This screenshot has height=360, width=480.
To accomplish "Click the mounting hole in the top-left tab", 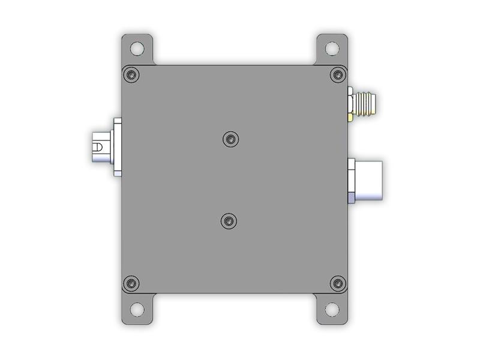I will click(138, 47).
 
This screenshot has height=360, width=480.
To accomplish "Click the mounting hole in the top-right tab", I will click(331, 47).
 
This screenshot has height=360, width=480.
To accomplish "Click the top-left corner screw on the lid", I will click(131, 74).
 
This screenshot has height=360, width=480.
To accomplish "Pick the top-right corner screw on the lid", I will click(338, 74).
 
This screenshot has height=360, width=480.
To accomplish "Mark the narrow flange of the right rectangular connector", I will click(351, 179).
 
